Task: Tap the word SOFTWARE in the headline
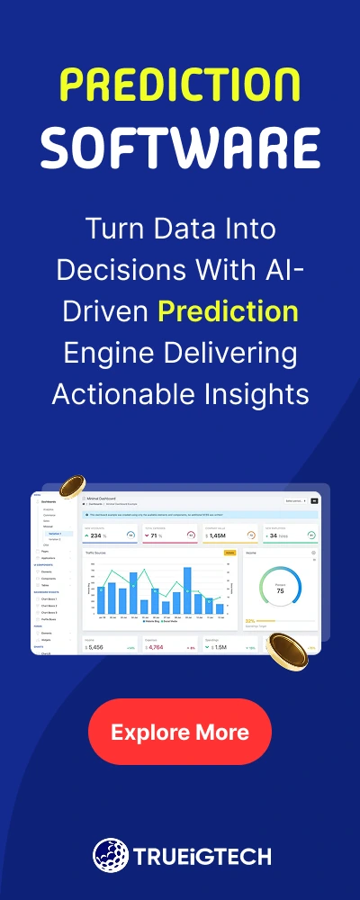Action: [180, 146]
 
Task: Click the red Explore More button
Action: [180, 732]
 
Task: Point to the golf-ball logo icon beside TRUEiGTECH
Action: [109, 854]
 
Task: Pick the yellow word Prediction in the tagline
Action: [228, 311]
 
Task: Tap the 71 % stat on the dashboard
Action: [156, 535]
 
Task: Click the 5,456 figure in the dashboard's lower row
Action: [94, 647]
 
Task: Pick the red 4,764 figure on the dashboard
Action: [155, 647]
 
